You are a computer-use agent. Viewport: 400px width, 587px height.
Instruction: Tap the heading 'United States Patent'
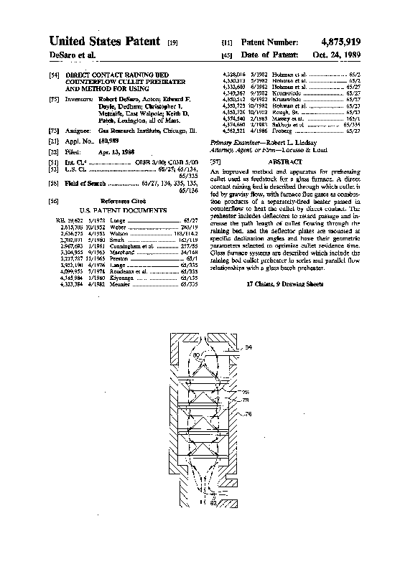104,42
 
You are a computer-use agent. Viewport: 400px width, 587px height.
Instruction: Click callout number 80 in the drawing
196,354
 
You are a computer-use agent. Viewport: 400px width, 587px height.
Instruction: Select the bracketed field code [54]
55,75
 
